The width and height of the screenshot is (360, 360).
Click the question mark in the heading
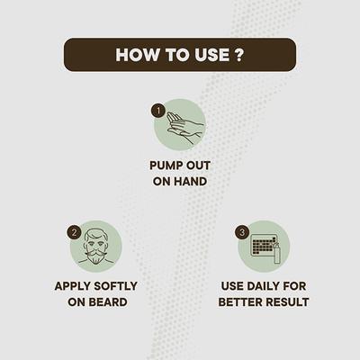[238, 55]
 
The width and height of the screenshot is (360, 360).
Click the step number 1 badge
[157, 111]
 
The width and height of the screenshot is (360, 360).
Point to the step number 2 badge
[74, 230]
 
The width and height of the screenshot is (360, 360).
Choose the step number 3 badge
[242, 230]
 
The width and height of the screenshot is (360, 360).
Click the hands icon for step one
[185, 128]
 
